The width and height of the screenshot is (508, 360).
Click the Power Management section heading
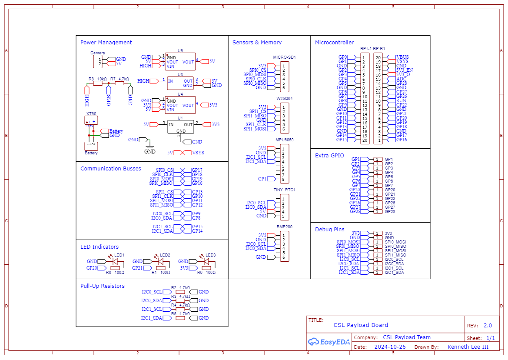coord(106,43)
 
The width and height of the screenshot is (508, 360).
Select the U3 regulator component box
coord(180,83)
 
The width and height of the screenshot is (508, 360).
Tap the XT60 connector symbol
coord(91,120)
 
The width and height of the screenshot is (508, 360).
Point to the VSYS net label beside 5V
coord(198,153)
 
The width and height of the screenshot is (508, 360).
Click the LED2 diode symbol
coord(160,262)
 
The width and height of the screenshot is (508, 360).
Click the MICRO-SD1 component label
coord(284,57)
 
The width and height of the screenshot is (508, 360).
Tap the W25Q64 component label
coord(284,99)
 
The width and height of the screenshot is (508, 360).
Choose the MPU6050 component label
coord(284,140)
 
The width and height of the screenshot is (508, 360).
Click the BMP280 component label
coord(284,227)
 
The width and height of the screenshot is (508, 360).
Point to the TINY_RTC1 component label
coord(284,190)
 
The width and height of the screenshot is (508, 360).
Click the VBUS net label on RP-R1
coord(402,57)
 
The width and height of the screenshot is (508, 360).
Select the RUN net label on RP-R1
coord(401,101)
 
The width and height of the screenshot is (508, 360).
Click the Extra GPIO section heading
coord(329,156)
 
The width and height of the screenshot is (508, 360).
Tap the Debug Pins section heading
coord(329,230)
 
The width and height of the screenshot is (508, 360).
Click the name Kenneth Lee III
coord(468,347)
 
